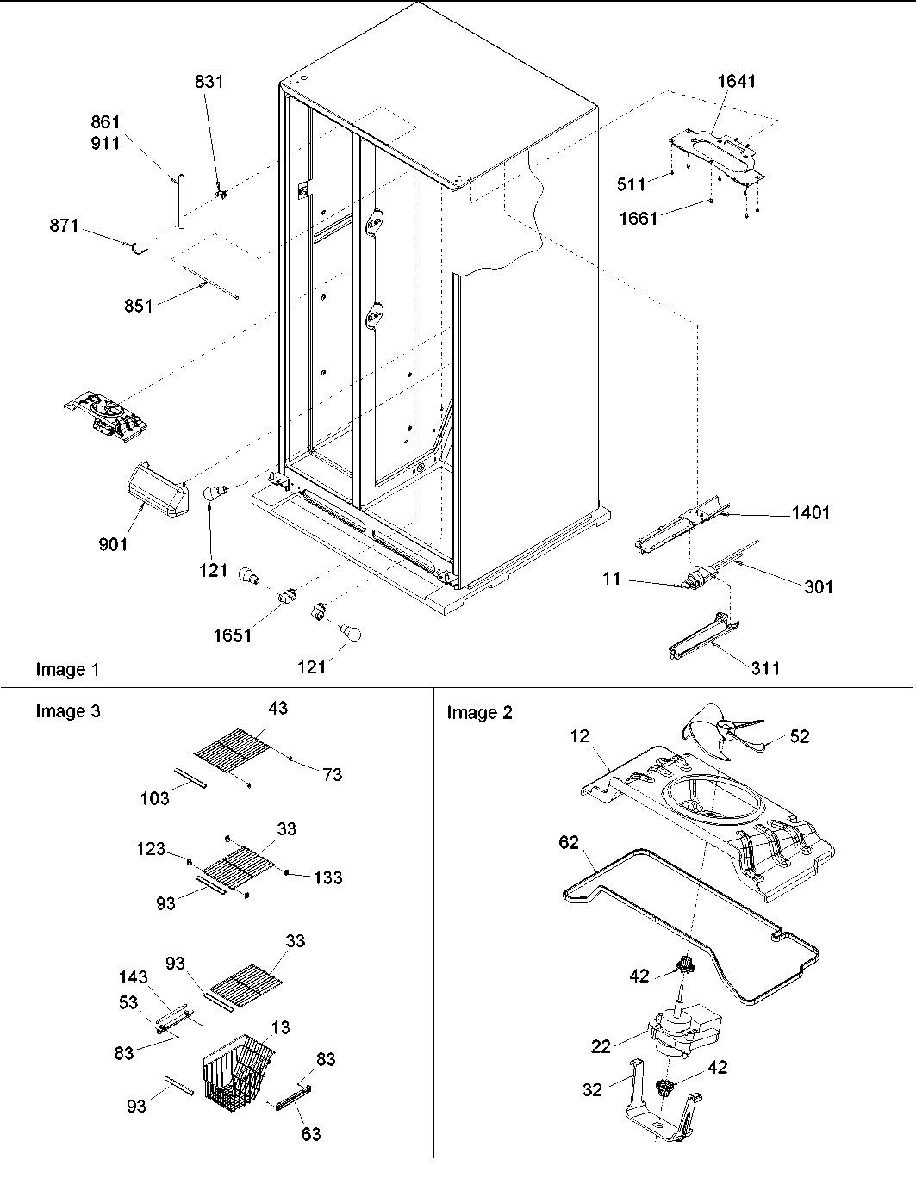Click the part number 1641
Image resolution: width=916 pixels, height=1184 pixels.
736,82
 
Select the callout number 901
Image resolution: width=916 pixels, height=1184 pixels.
112,543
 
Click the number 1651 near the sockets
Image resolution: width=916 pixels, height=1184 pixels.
233,635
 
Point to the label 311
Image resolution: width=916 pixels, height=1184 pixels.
765,667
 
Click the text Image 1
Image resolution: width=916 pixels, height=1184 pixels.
67,669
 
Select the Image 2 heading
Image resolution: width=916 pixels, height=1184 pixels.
479,712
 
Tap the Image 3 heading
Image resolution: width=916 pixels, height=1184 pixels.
67,711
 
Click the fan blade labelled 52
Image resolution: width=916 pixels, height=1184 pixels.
720,735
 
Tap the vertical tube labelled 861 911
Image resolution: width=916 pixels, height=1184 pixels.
182,201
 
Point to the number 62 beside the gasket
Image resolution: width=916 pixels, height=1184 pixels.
569,841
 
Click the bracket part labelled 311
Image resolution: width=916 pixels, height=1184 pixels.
703,637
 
